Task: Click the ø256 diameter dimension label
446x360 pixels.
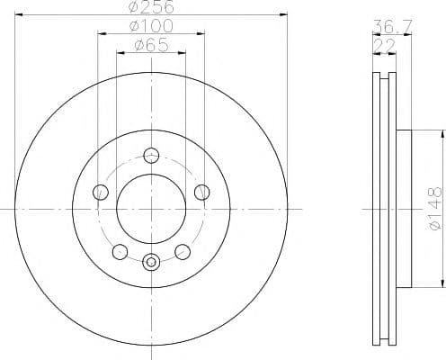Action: click(x=151, y=6)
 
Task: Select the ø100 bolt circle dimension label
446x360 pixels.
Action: click(x=151, y=26)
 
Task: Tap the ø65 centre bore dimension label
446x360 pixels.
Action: click(x=152, y=45)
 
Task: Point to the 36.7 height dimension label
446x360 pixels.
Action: click(x=392, y=26)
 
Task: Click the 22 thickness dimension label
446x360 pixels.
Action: click(x=385, y=46)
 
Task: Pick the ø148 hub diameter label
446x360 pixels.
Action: click(x=435, y=208)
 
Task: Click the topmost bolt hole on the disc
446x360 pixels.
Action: click(x=151, y=156)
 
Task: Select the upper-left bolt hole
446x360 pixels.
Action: click(x=101, y=192)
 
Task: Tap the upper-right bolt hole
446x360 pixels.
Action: click(x=202, y=192)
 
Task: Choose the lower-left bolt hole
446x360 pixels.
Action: click(x=120, y=252)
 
